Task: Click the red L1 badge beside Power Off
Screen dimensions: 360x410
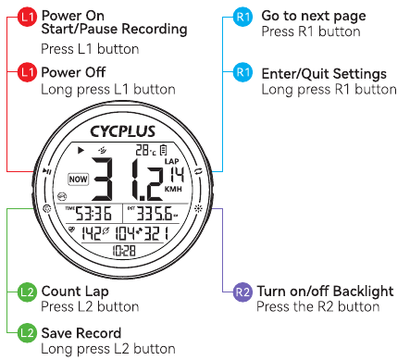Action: (x=28, y=72)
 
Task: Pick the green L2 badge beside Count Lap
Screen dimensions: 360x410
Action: (x=28, y=293)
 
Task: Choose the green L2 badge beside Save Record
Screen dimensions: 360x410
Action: (x=28, y=332)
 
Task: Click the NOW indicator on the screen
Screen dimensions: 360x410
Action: (x=79, y=180)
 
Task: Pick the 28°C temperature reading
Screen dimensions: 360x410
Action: (x=143, y=150)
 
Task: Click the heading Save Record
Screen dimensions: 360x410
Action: (x=81, y=332)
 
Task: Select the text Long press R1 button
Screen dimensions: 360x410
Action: (x=329, y=90)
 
